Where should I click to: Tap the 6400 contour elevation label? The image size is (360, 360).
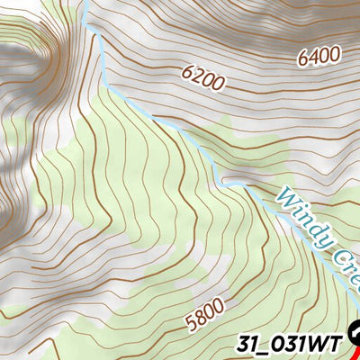click(319, 56)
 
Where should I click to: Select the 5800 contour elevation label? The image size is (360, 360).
click(204, 317)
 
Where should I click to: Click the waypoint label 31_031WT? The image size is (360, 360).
click(291, 343)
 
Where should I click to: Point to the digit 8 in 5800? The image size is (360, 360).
click(199, 319)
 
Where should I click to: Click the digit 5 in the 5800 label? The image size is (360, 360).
click(190, 325)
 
